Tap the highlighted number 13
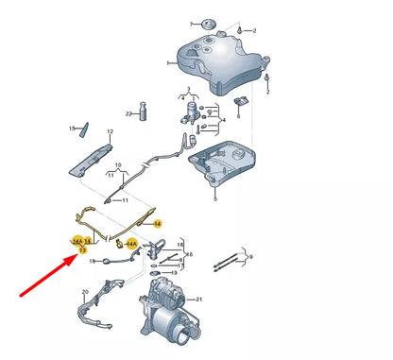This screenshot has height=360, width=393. (82, 249)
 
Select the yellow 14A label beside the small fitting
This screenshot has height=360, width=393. (132, 243)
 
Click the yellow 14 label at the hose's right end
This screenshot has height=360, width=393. (158, 223)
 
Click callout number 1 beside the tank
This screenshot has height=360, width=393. (169, 63)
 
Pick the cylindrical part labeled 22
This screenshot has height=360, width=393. (145, 114)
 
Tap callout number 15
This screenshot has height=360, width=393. (71, 128)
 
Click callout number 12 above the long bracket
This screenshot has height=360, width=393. (109, 132)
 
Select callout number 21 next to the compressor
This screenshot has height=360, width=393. (198, 299)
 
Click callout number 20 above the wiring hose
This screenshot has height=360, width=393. (85, 292)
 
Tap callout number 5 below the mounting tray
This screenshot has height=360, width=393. (215, 200)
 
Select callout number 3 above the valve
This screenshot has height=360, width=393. (188, 91)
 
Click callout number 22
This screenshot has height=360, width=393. (128, 112)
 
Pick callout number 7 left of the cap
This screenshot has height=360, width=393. (190, 20)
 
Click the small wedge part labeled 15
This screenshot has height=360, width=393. (83, 127)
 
